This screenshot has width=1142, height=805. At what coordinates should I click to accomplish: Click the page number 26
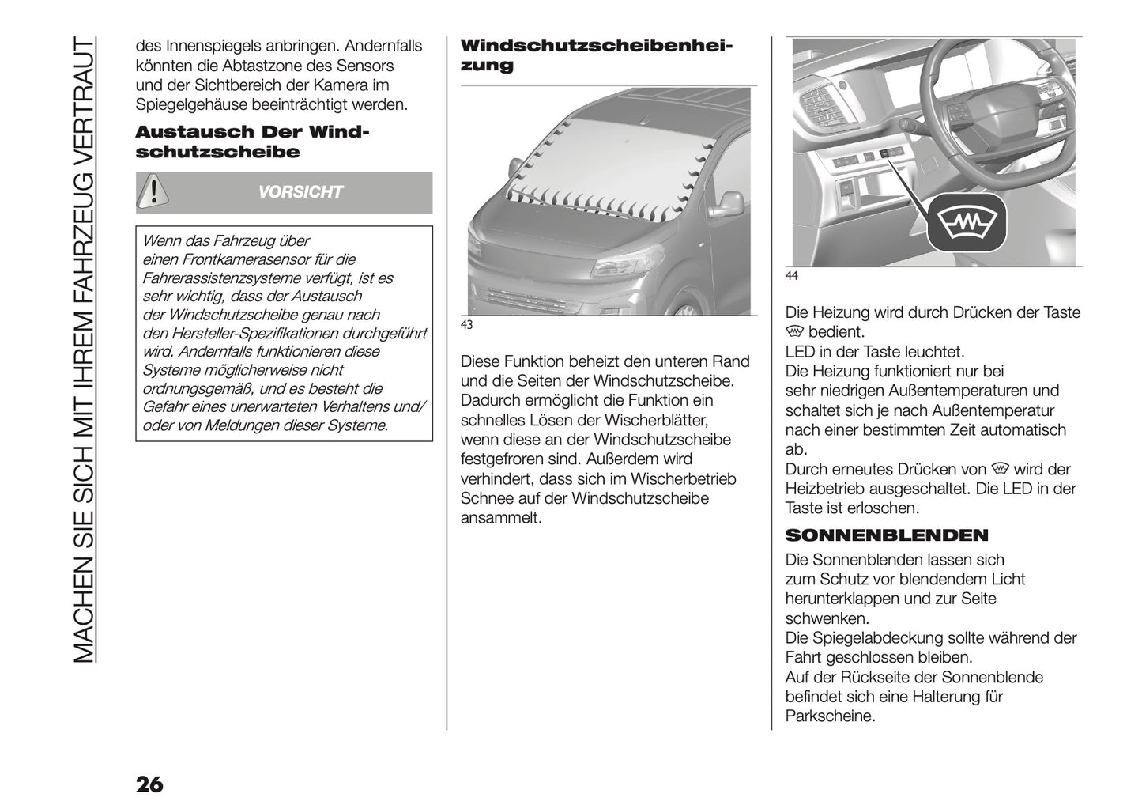[x=149, y=784]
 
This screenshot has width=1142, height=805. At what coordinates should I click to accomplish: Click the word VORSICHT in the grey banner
[x=300, y=192]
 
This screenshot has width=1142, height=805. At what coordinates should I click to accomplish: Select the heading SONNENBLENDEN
[x=886, y=535]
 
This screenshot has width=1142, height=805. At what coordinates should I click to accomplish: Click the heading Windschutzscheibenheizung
[x=596, y=55]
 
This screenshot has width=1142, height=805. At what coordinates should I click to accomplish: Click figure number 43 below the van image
[x=465, y=325]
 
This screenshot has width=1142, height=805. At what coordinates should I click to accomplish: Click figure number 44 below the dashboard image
[x=791, y=276]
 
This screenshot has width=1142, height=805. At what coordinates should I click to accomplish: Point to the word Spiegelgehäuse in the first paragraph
[x=194, y=104]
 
